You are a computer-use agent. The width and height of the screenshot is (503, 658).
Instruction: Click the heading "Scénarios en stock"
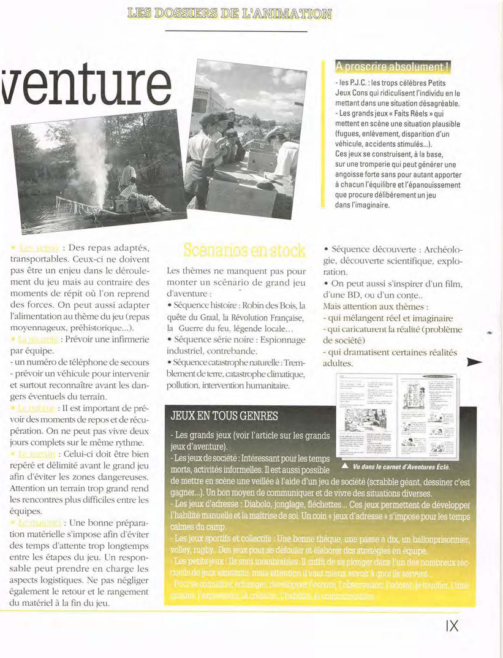244,250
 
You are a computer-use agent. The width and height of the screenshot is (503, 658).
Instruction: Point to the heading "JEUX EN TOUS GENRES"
224,416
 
